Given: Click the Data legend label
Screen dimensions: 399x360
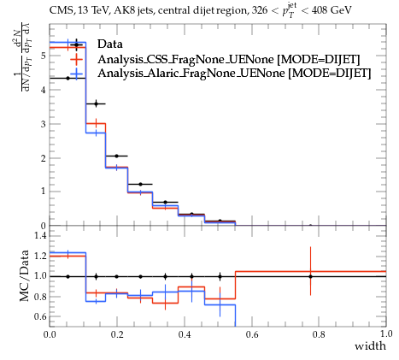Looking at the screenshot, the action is point(110,44).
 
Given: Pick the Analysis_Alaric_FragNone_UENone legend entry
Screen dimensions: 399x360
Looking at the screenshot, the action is point(234,74).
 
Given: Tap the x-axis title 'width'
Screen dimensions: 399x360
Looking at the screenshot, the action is point(370,346).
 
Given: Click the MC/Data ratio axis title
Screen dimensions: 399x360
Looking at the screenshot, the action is point(25,275).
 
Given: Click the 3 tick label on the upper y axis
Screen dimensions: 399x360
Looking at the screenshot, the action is point(44,124).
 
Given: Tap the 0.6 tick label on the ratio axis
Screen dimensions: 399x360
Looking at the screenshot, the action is point(40,316).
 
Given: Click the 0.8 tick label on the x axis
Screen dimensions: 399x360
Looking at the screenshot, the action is point(319,334).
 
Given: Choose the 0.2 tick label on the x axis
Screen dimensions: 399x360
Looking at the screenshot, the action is point(117,334).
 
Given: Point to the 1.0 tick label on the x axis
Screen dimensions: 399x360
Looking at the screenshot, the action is point(386,333).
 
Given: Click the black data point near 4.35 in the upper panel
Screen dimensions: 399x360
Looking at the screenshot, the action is point(67,78).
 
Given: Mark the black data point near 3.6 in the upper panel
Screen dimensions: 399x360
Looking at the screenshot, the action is point(96,103).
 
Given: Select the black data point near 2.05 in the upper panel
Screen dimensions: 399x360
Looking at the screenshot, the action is point(116,156).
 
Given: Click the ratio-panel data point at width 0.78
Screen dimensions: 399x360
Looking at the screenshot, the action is point(310,276).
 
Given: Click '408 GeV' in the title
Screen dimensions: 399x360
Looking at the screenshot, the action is point(332,10).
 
